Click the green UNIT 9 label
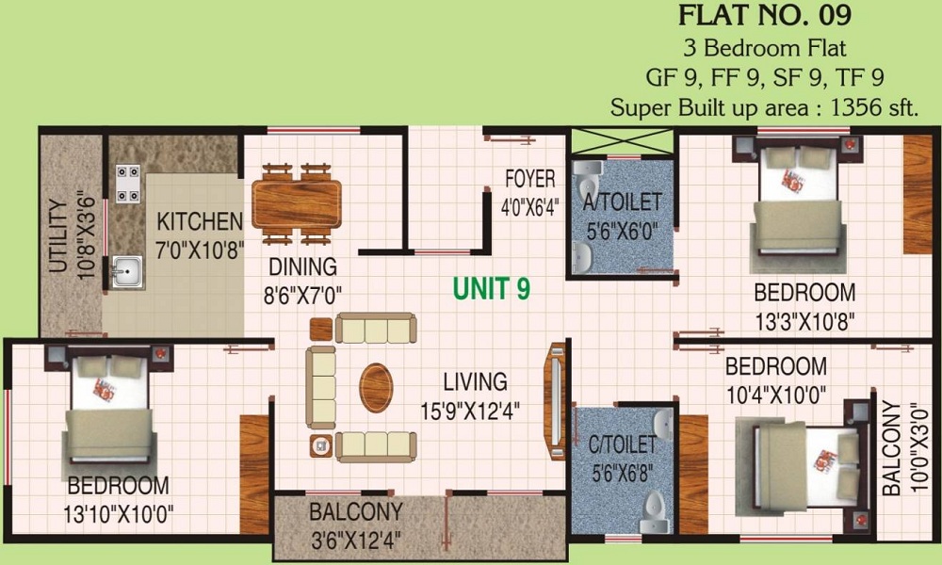tap(492, 289)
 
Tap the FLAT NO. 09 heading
tap(765, 16)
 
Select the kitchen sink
tap(127, 271)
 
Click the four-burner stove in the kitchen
tap(128, 184)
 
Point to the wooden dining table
tap(297, 203)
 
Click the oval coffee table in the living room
tap(376, 387)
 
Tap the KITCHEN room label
tap(200, 221)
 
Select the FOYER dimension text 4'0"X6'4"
tap(529, 208)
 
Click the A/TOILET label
tap(622, 202)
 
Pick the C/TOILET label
tap(622, 444)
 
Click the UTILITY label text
tap(57, 236)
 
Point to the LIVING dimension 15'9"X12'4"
tap(470, 412)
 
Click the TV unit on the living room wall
tap(556, 401)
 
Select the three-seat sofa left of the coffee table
tap(321, 387)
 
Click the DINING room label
tap(302, 266)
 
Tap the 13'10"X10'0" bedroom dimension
tap(119, 514)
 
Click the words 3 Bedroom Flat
tap(765, 47)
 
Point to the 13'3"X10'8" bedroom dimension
tap(804, 321)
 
